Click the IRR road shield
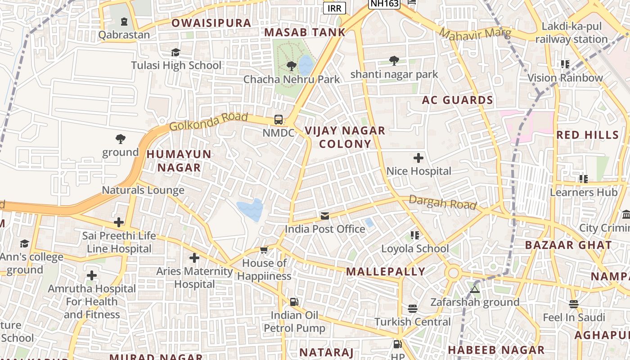click(x=334, y=9)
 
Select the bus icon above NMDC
click(x=279, y=120)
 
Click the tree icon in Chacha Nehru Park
click(x=292, y=66)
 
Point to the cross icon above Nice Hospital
click(x=418, y=158)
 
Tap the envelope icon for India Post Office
click(x=325, y=216)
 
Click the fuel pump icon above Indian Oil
click(x=294, y=302)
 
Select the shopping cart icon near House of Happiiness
click(x=264, y=250)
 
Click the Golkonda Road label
click(x=208, y=121)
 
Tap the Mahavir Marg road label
click(x=475, y=34)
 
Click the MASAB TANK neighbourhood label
click(x=305, y=32)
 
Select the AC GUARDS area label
click(x=457, y=100)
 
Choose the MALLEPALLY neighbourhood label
click(x=386, y=272)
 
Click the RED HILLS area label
click(x=588, y=135)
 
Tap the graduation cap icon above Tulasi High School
click(x=175, y=53)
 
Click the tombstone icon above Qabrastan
click(x=124, y=22)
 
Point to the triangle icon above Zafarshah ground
click(x=474, y=289)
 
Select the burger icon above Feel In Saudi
click(x=573, y=304)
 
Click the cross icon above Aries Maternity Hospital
click(x=194, y=258)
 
